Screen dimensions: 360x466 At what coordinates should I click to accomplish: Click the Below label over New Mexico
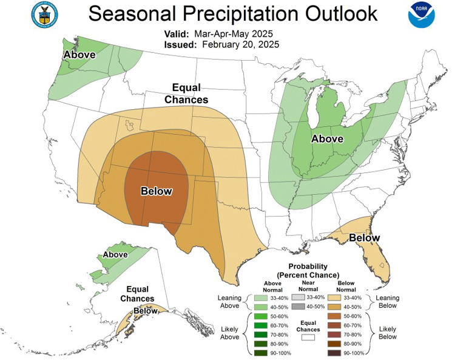click(x=157, y=191)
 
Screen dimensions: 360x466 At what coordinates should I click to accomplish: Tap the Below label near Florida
click(x=364, y=237)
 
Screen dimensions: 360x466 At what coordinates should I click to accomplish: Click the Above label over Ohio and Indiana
click(x=328, y=139)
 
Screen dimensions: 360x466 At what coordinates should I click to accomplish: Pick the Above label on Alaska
click(x=115, y=255)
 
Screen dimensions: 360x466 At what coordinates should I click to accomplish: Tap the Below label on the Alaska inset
click(x=146, y=311)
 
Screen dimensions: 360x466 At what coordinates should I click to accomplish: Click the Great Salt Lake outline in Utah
click(x=129, y=124)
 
